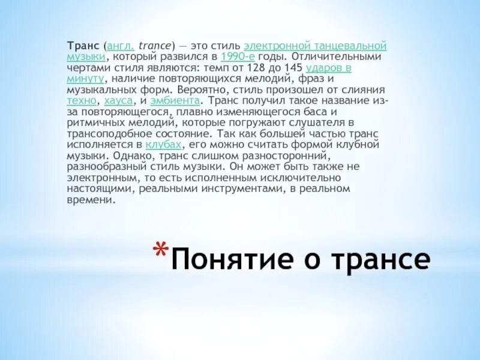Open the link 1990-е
pos(239,56)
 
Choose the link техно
pos(82,101)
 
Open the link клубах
pos(163,145)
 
